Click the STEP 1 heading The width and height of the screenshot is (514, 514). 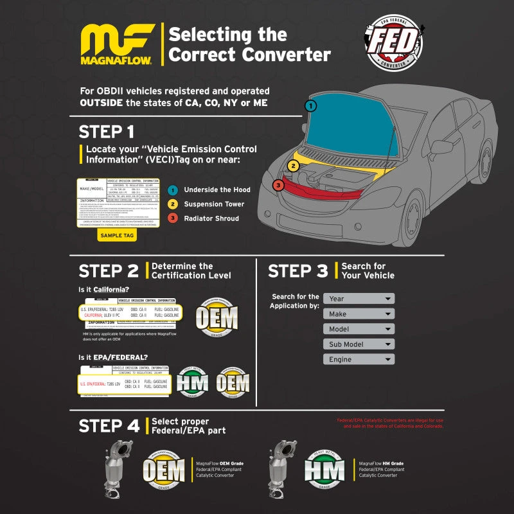(107, 132)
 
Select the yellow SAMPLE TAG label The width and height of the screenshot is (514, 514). (117, 235)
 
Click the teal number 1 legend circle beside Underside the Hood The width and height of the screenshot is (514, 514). (172, 190)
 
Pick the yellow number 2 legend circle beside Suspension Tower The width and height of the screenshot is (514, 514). (172, 204)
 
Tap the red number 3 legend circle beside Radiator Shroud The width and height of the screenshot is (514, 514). (172, 218)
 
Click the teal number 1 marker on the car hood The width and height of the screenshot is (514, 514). (310, 105)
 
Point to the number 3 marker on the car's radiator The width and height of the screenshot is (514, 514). (278, 185)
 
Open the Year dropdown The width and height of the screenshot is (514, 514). (359, 299)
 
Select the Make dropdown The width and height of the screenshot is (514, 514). (359, 314)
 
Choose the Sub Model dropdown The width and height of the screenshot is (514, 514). (359, 344)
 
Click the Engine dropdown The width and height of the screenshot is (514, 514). (359, 360)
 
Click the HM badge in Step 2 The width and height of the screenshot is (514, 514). (192, 383)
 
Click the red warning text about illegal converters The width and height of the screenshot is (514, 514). (390, 423)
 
